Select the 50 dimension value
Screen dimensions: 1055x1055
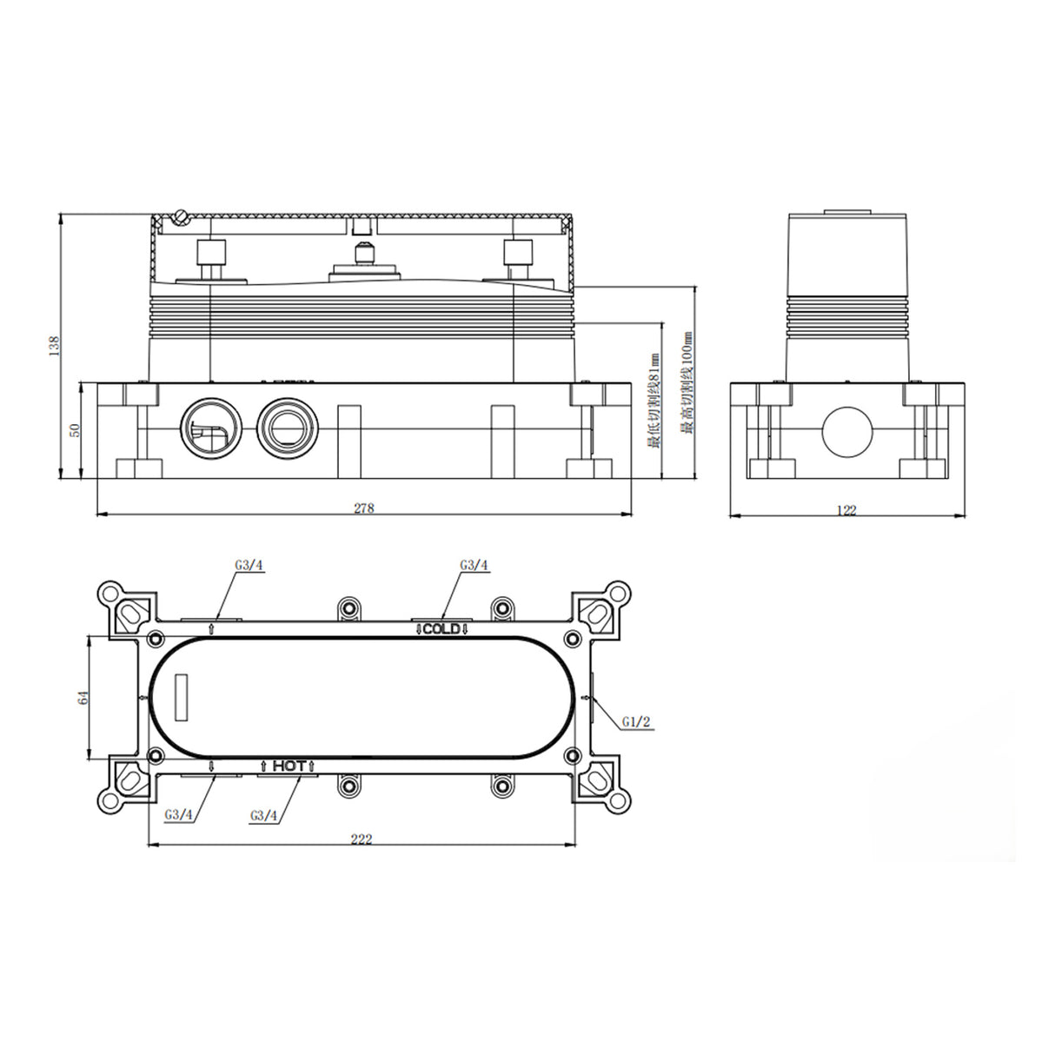click(x=75, y=429)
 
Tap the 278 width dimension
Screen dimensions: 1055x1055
click(x=363, y=508)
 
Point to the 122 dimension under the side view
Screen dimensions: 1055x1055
click(x=846, y=510)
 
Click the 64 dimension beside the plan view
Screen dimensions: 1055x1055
click(x=83, y=699)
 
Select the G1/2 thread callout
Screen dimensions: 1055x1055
click(x=636, y=721)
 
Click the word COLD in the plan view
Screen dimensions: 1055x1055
click(x=441, y=628)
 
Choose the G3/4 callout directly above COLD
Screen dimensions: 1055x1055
click(x=474, y=565)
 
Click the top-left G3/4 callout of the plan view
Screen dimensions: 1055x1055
click(x=249, y=565)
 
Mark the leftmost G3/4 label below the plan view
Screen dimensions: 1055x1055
click(x=178, y=816)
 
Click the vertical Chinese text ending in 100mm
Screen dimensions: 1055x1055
click(x=688, y=387)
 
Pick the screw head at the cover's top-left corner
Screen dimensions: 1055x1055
click(x=181, y=216)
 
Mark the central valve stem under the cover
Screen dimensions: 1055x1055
click(x=363, y=258)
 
